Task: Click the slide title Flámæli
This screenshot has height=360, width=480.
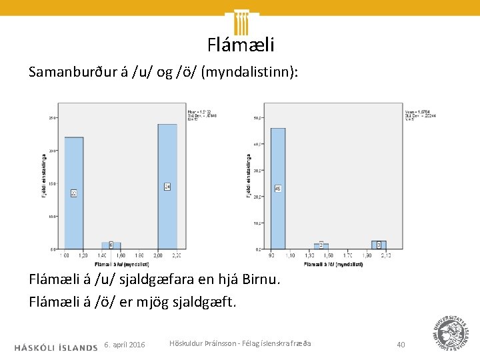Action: point(240,45)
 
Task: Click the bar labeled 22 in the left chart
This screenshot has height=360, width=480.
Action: point(74,193)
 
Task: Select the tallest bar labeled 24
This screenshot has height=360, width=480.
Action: point(167,186)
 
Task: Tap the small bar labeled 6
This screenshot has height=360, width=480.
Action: point(111,245)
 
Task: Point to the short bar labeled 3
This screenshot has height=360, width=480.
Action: point(379,245)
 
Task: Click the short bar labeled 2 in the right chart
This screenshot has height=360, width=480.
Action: point(321,246)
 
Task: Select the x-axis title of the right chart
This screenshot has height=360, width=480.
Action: point(333,265)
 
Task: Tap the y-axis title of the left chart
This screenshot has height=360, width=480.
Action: point(45,176)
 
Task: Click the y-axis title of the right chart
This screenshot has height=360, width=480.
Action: point(249,176)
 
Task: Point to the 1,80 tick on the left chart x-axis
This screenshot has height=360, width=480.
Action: point(139,255)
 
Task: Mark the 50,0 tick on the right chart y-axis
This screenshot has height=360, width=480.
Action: point(257,119)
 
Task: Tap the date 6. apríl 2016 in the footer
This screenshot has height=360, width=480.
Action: point(125,345)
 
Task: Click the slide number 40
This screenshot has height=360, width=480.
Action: point(401,345)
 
